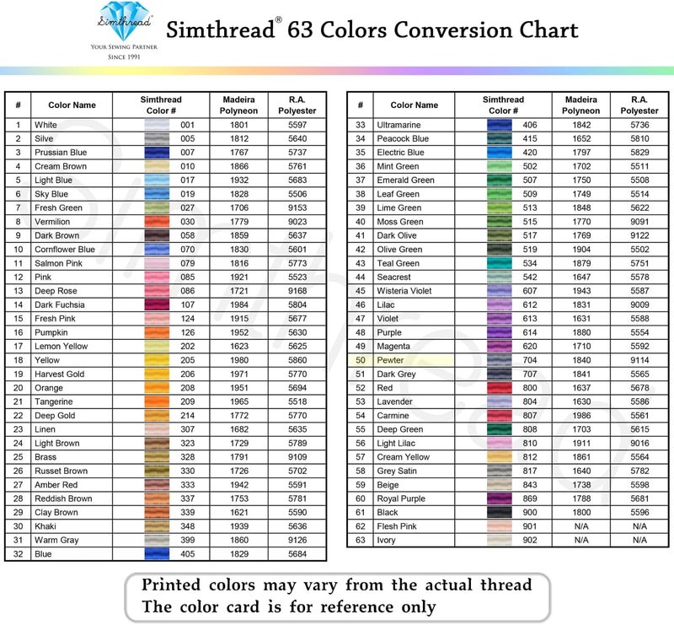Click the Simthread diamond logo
125,19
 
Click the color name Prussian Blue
61,153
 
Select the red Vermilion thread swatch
158,222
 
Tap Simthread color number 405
187,554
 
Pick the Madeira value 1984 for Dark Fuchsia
239,304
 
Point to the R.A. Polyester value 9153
297,207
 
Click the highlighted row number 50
360,360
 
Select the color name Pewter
390,360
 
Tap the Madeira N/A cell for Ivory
581,540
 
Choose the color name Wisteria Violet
409,291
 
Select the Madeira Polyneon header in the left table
239,105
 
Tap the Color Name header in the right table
415,105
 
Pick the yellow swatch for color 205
158,360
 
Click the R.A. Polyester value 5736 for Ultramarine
639,125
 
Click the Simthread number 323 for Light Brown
187,443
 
